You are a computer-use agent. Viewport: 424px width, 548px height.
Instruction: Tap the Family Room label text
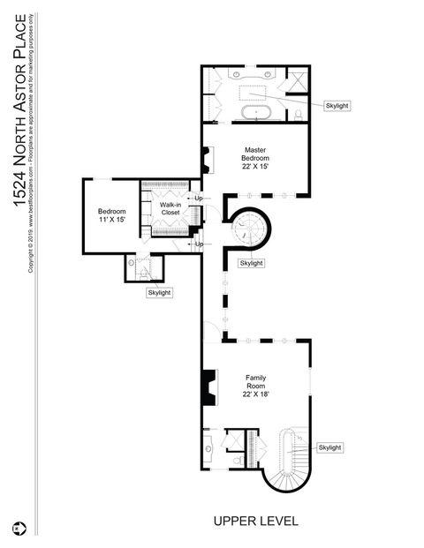tap(255, 386)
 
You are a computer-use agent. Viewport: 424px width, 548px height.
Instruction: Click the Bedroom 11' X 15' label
tap(111, 216)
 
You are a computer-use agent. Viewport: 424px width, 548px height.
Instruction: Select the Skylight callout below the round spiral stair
tap(251, 263)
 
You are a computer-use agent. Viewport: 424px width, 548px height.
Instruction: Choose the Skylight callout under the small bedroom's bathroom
tap(159, 292)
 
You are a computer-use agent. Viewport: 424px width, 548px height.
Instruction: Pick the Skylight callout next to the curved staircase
tap(329, 447)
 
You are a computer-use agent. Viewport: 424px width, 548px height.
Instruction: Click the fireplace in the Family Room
tap(208, 386)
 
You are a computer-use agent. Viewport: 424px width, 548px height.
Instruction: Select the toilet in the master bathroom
tap(299, 115)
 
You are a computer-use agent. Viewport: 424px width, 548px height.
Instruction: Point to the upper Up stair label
tap(198, 198)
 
